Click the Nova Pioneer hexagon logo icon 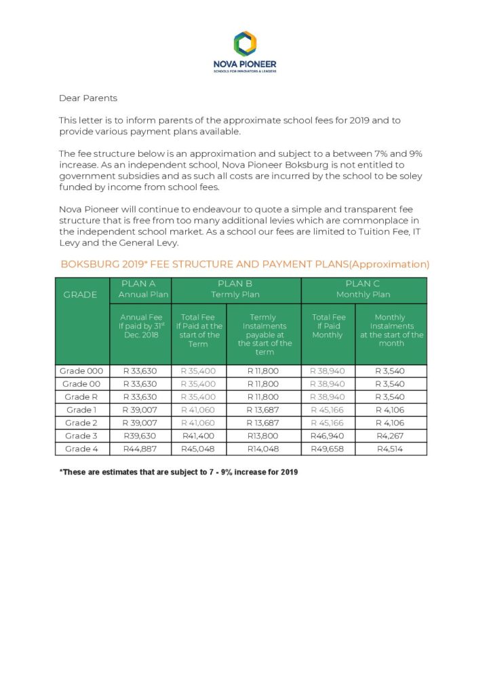point(245,43)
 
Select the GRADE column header point(80,295)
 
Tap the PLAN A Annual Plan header point(140,289)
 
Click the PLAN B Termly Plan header point(235,289)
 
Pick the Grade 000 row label point(81,371)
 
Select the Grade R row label point(81,397)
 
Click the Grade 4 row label point(81,449)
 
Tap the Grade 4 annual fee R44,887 point(140,449)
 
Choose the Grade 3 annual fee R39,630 point(140,436)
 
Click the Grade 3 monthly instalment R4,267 point(390,436)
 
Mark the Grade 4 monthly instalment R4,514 point(390,449)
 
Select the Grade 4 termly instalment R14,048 point(263,449)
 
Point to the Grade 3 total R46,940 point(328,436)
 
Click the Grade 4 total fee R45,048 point(198,449)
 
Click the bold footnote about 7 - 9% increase point(178,471)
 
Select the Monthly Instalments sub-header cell point(391,331)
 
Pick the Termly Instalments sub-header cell point(264,335)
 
